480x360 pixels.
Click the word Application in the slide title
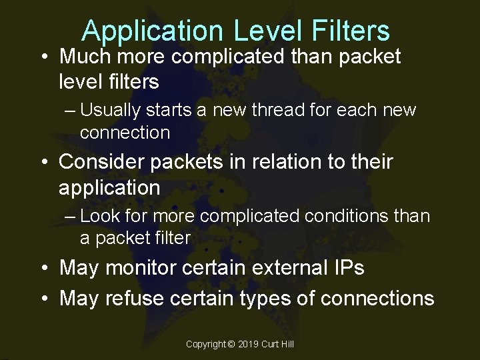pyautogui.click(x=152, y=31)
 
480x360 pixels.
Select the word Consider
pyautogui.click(x=103, y=162)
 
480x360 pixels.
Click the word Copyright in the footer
pyautogui.click(x=205, y=344)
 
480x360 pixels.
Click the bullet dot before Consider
pyautogui.click(x=43, y=163)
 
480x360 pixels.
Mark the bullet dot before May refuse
pyautogui.click(x=43, y=298)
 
